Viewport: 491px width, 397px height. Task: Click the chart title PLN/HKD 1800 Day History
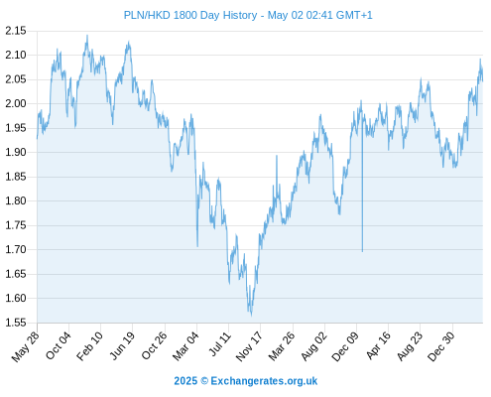[190, 15]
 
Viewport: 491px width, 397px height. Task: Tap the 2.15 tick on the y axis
[16, 31]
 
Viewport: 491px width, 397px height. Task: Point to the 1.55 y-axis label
[16, 323]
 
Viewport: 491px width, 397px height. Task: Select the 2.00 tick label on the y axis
[16, 103]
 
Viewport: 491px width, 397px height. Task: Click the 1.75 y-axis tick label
[16, 225]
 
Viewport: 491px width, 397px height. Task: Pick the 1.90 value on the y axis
[16, 152]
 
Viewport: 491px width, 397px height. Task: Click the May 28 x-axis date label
[26, 346]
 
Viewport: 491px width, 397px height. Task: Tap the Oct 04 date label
[59, 345]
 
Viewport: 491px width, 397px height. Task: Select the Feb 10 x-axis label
[89, 346]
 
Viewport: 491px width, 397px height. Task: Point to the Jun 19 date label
[122, 345]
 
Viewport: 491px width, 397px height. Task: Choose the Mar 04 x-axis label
[185, 346]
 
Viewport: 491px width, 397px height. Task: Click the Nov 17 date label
[249, 346]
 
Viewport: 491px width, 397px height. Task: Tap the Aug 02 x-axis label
[313, 346]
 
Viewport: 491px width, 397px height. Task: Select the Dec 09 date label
[345, 346]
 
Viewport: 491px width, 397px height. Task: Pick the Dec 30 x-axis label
[441, 346]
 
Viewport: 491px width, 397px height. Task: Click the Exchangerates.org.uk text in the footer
[264, 381]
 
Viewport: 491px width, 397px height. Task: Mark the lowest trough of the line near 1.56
[251, 316]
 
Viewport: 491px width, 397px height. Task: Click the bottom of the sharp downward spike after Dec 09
[362, 251]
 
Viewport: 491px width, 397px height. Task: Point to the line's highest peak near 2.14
[87, 36]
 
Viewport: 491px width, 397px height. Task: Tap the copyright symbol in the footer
[204, 381]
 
